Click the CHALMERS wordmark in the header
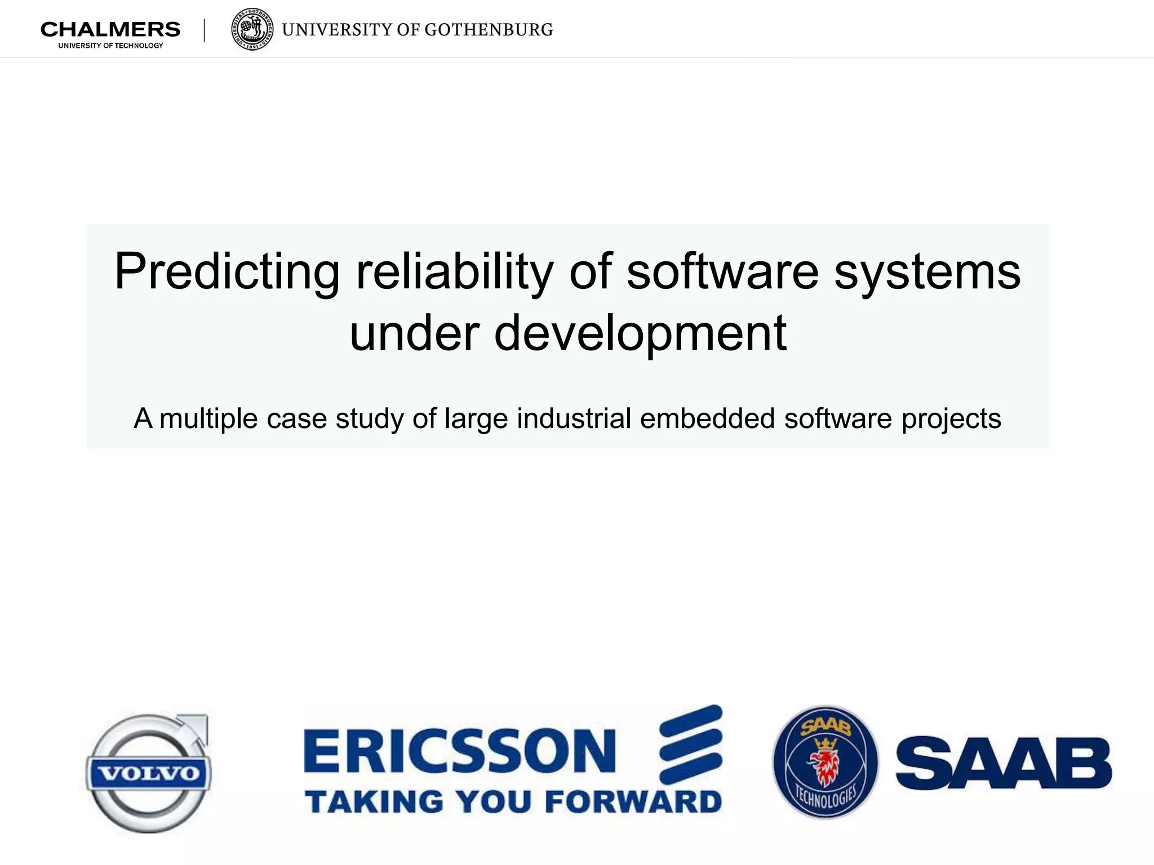[x=110, y=29]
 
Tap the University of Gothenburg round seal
[x=253, y=29]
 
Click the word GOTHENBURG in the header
[x=489, y=30]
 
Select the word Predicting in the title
[x=227, y=273]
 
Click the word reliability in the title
[x=454, y=273]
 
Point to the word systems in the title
[x=927, y=273]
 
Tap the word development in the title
[x=640, y=333]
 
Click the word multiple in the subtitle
[x=208, y=419]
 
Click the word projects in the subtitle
[x=951, y=419]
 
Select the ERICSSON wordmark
[x=460, y=751]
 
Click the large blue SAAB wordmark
[x=1004, y=764]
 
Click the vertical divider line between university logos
[x=204, y=30]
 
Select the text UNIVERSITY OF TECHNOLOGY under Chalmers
[x=110, y=46]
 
